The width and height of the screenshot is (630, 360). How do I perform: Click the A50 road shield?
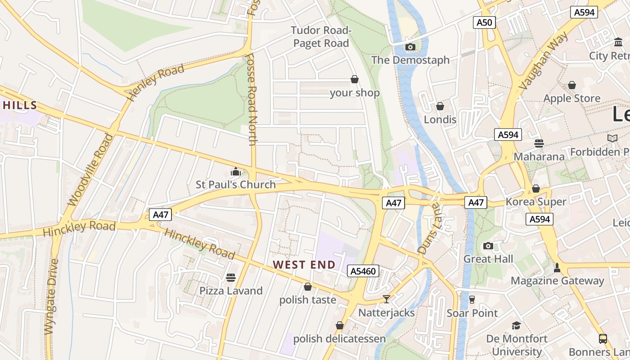tap(484, 22)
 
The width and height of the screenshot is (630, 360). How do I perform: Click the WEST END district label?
tap(304, 265)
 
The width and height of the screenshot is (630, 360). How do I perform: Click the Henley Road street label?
tap(156, 82)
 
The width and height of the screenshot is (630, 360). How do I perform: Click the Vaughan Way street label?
tap(543, 60)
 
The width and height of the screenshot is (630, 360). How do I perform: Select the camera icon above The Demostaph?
tap(410, 47)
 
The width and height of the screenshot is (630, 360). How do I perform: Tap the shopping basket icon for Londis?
tap(440, 107)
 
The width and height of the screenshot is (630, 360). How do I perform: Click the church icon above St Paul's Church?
tap(235, 171)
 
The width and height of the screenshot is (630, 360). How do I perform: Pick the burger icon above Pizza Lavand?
tap(231, 277)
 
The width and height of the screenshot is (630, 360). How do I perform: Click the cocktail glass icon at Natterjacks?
tap(386, 299)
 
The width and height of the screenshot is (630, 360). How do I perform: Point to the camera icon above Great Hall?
tap(488, 246)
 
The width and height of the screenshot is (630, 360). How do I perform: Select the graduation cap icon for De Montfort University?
tap(516, 325)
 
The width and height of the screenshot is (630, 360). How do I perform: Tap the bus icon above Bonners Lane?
tap(603, 339)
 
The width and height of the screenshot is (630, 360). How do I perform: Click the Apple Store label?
tap(571, 98)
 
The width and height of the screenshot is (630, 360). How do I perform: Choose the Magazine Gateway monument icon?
tap(557, 268)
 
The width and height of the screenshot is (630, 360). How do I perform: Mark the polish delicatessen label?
tap(339, 338)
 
